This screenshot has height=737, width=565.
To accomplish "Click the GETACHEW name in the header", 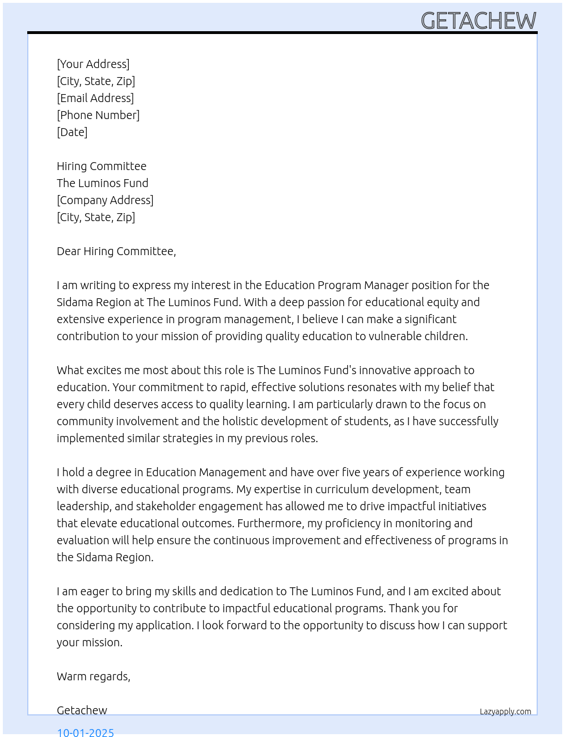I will point(478,21).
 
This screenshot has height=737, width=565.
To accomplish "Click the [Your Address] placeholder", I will point(93,64).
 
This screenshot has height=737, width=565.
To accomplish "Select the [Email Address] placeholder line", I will point(95,98).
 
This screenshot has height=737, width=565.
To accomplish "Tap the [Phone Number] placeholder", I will point(98,115).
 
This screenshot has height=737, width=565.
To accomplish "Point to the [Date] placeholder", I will point(72,132).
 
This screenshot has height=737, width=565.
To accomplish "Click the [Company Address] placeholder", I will point(105,200).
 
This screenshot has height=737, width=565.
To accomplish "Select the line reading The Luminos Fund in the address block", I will point(102,183).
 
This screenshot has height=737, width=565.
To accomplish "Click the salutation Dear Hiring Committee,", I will point(116,251).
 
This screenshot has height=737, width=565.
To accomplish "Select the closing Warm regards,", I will point(94,676).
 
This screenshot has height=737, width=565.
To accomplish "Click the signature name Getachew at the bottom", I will point(82,710).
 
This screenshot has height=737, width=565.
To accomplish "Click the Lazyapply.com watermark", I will point(505,711).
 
